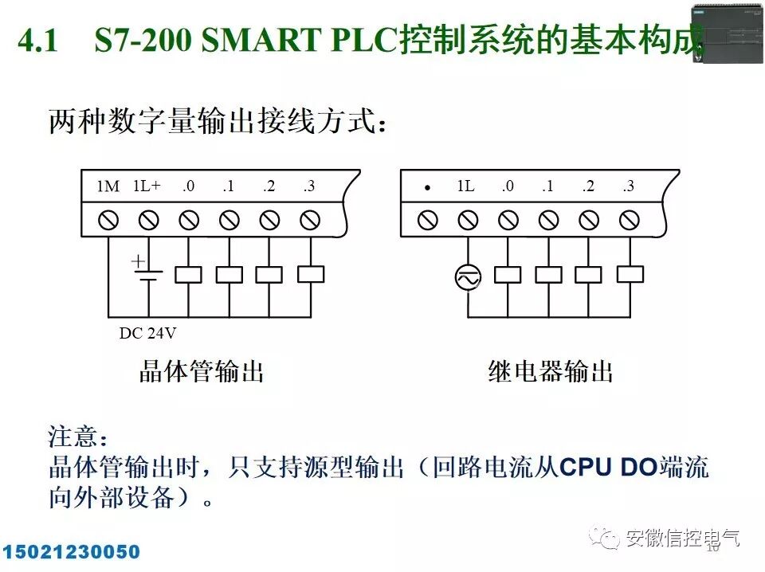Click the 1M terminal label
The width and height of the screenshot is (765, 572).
pyautogui.click(x=108, y=186)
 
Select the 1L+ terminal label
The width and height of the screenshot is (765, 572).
pyautogui.click(x=147, y=186)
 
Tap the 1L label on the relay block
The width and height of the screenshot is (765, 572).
pyautogui.click(x=466, y=186)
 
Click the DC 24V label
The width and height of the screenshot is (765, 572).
pyautogui.click(x=147, y=333)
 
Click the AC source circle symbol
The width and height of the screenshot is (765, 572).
pyautogui.click(x=468, y=277)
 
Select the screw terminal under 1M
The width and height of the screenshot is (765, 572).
pyautogui.click(x=108, y=219)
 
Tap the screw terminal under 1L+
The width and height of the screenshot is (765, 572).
pyautogui.click(x=148, y=219)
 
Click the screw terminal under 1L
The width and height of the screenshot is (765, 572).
pyautogui.click(x=468, y=219)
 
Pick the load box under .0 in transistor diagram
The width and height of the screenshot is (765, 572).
pyautogui.click(x=188, y=274)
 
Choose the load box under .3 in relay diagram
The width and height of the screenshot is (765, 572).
pyautogui.click(x=630, y=274)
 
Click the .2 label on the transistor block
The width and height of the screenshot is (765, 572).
pyautogui.click(x=269, y=186)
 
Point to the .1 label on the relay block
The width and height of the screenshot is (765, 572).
pyautogui.click(x=547, y=186)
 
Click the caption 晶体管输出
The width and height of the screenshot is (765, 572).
pyautogui.click(x=202, y=371)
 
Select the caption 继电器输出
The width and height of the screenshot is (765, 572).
pyautogui.click(x=551, y=371)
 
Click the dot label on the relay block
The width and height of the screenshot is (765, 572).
pyautogui.click(x=428, y=189)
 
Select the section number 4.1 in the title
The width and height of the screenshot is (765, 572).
pyautogui.click(x=37, y=41)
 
